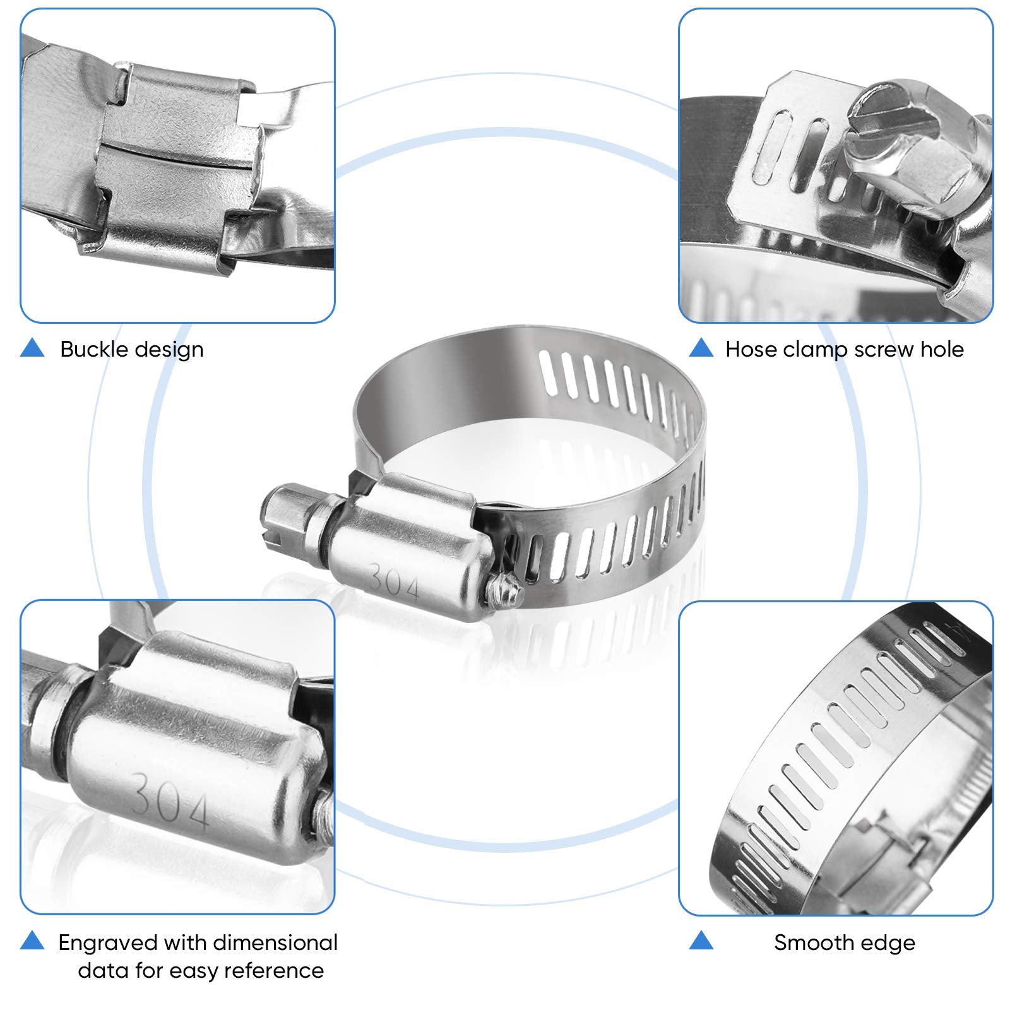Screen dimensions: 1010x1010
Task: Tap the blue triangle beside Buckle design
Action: (x=32, y=348)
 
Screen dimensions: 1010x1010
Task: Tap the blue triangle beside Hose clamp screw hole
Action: (x=701, y=348)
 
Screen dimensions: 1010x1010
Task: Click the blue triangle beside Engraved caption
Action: (x=32, y=941)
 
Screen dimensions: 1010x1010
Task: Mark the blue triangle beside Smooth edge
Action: (x=701, y=941)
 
